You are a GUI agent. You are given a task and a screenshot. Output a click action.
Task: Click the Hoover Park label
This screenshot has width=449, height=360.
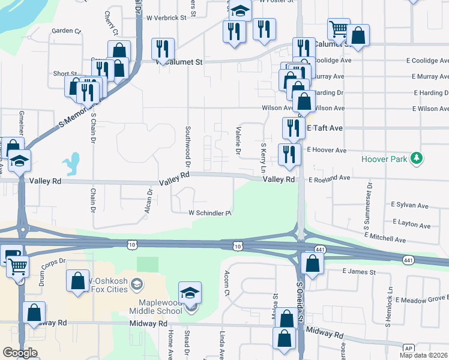[384, 159]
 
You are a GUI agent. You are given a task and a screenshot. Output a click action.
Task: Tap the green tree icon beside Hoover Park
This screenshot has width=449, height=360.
[415, 159]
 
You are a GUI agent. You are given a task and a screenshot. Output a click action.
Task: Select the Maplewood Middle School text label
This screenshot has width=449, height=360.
[155, 307]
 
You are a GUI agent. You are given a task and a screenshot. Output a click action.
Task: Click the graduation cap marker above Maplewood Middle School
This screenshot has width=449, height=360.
[190, 293]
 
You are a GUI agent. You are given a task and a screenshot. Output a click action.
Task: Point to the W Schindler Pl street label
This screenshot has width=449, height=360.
[210, 213]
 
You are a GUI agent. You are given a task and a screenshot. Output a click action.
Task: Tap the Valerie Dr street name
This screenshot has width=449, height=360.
[238, 143]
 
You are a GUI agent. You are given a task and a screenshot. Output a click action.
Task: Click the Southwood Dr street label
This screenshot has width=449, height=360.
[188, 146]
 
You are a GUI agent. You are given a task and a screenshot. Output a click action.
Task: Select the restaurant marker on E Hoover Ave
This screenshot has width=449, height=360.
[289, 154]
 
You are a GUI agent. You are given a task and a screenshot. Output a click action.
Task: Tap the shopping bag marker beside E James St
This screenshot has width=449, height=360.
[313, 262]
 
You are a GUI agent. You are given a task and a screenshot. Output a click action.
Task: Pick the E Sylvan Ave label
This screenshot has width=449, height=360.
[409, 205]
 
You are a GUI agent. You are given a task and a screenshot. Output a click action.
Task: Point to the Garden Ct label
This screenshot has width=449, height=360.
[66, 31]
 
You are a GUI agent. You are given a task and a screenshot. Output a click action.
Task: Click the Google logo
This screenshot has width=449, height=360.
[20, 352]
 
